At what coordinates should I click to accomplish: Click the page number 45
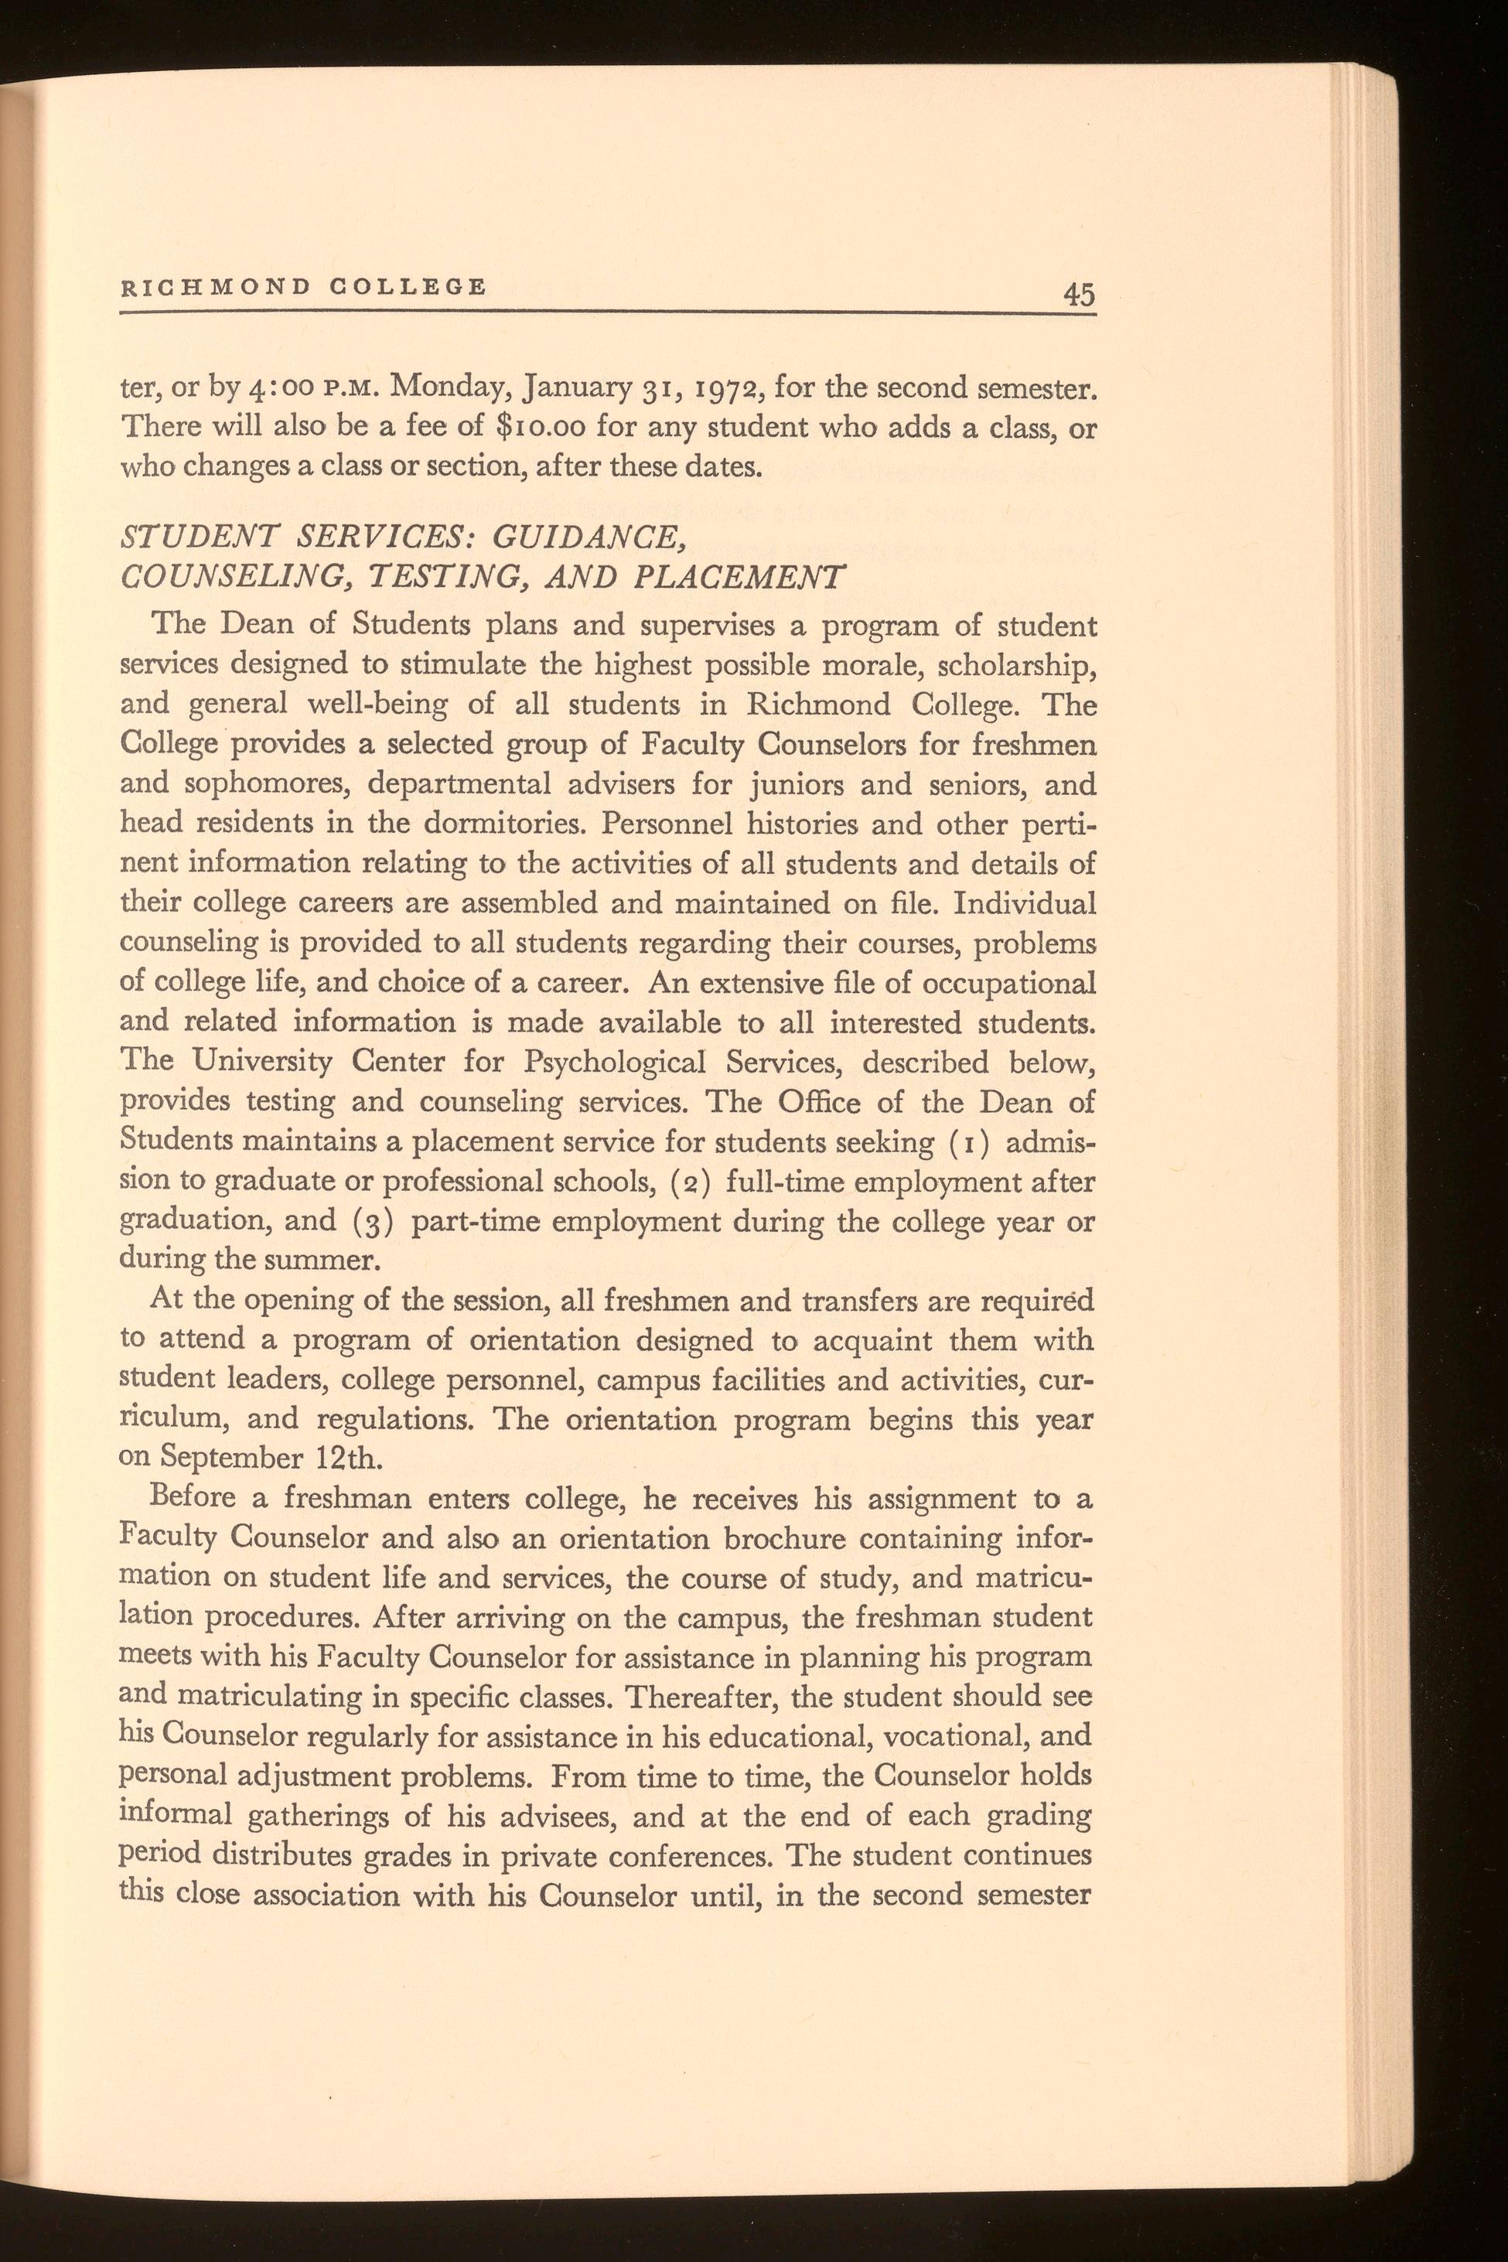(x=1079, y=293)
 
